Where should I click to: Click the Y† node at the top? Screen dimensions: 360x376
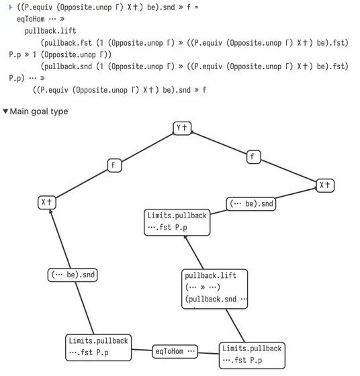tap(182, 128)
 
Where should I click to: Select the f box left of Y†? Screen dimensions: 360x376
tap(114, 165)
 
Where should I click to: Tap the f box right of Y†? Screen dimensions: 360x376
tap(253, 157)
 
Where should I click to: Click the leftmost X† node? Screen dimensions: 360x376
tap(47, 202)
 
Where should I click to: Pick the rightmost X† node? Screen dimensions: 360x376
tap(325, 185)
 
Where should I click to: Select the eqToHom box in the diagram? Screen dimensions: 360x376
tap(175, 352)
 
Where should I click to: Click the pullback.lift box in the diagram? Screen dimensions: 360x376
tap(215, 289)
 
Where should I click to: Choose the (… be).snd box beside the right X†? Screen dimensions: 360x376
tap(251, 204)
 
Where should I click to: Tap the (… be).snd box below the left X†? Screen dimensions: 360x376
tap(73, 275)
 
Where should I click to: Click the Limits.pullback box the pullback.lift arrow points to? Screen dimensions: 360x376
tap(177, 222)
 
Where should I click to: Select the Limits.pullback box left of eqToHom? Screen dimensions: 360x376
tap(98, 348)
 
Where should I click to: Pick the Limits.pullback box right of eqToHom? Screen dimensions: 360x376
tap(252, 355)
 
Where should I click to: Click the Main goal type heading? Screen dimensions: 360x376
tap(39, 111)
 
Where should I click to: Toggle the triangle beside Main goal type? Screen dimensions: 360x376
tap(5, 111)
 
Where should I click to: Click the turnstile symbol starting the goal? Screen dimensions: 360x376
tap(11, 7)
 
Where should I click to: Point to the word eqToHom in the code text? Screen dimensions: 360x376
tap(31, 19)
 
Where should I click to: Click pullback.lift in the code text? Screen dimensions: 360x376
tap(50, 31)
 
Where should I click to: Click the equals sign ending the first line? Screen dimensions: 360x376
tap(197, 7)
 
